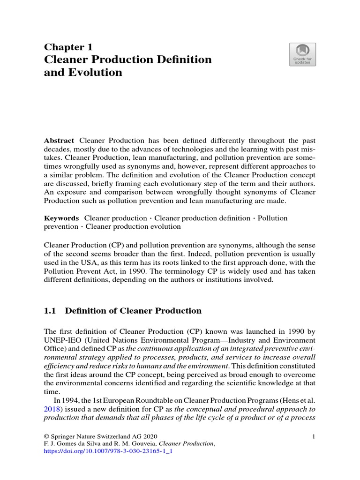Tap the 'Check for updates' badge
[302, 54]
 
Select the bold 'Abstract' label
[59, 141]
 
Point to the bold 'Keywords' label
[61, 218]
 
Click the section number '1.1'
[50, 310]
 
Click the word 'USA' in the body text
[104, 262]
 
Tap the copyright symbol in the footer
[46, 436]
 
